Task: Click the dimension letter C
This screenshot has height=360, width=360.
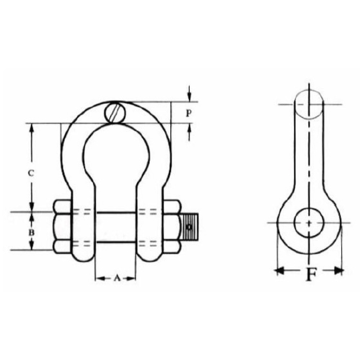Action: point(32,173)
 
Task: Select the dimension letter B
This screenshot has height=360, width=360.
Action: point(32,232)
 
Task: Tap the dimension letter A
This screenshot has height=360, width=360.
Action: point(116,278)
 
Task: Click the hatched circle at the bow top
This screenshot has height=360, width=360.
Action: point(116,113)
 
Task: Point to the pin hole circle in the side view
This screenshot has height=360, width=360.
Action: point(309,222)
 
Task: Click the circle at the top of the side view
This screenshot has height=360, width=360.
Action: point(309,105)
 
